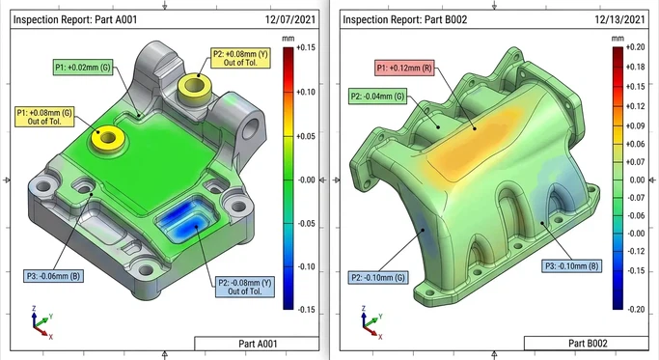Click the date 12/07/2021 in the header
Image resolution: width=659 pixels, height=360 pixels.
292,18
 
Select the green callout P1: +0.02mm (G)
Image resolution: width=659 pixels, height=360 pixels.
84,67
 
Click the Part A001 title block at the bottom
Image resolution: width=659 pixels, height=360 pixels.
257,343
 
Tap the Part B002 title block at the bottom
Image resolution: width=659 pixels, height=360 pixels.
588,343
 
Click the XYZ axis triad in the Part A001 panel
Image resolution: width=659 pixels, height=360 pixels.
39,319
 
